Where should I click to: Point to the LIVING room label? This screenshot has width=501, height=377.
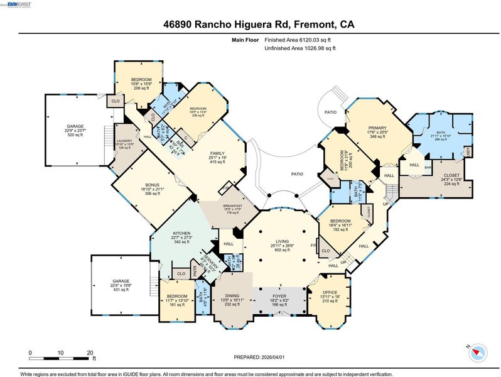point(282,241)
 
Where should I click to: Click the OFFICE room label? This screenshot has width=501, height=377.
point(330,292)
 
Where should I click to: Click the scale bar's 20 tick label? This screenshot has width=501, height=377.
point(90,353)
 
